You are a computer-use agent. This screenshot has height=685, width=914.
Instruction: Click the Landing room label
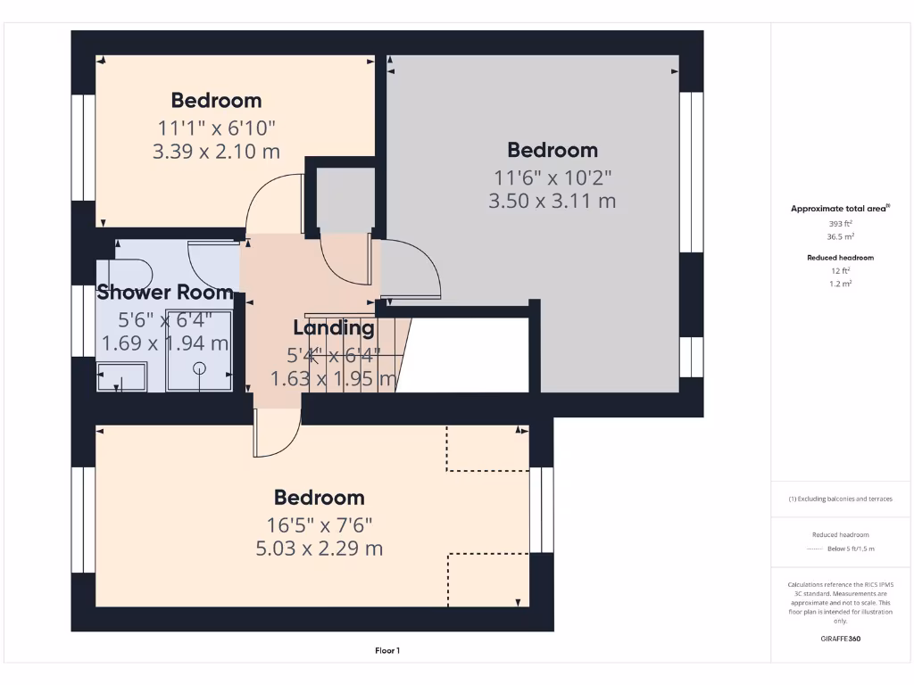click(x=334, y=327)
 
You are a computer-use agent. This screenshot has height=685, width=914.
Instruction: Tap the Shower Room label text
click(x=165, y=292)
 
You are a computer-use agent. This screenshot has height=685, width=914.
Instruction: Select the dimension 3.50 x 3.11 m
click(x=552, y=202)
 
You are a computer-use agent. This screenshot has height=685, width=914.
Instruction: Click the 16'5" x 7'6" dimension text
click(x=319, y=524)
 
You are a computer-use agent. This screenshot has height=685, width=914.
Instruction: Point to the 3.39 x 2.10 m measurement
click(x=216, y=152)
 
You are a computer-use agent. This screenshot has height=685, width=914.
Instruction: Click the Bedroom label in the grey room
click(x=552, y=150)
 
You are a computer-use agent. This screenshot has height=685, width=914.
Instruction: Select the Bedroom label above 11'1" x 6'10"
click(x=216, y=100)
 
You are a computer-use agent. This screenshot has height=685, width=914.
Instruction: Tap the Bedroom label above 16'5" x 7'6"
click(x=319, y=498)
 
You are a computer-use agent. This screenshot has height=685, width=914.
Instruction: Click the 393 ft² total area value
click(x=840, y=224)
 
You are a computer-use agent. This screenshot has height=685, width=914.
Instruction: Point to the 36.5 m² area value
click(x=840, y=237)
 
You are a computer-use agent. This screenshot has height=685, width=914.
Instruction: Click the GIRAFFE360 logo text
click(x=840, y=639)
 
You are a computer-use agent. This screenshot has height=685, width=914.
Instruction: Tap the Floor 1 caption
click(x=386, y=651)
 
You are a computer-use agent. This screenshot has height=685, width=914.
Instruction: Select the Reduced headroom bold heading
click(x=840, y=258)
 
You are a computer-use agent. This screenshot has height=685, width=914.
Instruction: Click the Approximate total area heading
click(x=839, y=209)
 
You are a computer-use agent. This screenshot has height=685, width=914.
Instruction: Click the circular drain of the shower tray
click(x=199, y=368)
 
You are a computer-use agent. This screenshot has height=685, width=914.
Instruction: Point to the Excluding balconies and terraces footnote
click(x=840, y=499)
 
